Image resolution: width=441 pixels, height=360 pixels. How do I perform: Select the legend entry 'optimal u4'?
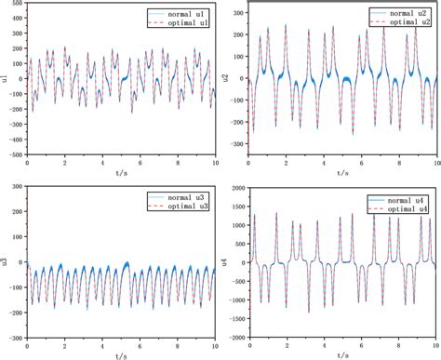pos(402,207)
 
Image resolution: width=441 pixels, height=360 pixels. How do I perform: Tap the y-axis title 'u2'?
pos(228,78)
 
